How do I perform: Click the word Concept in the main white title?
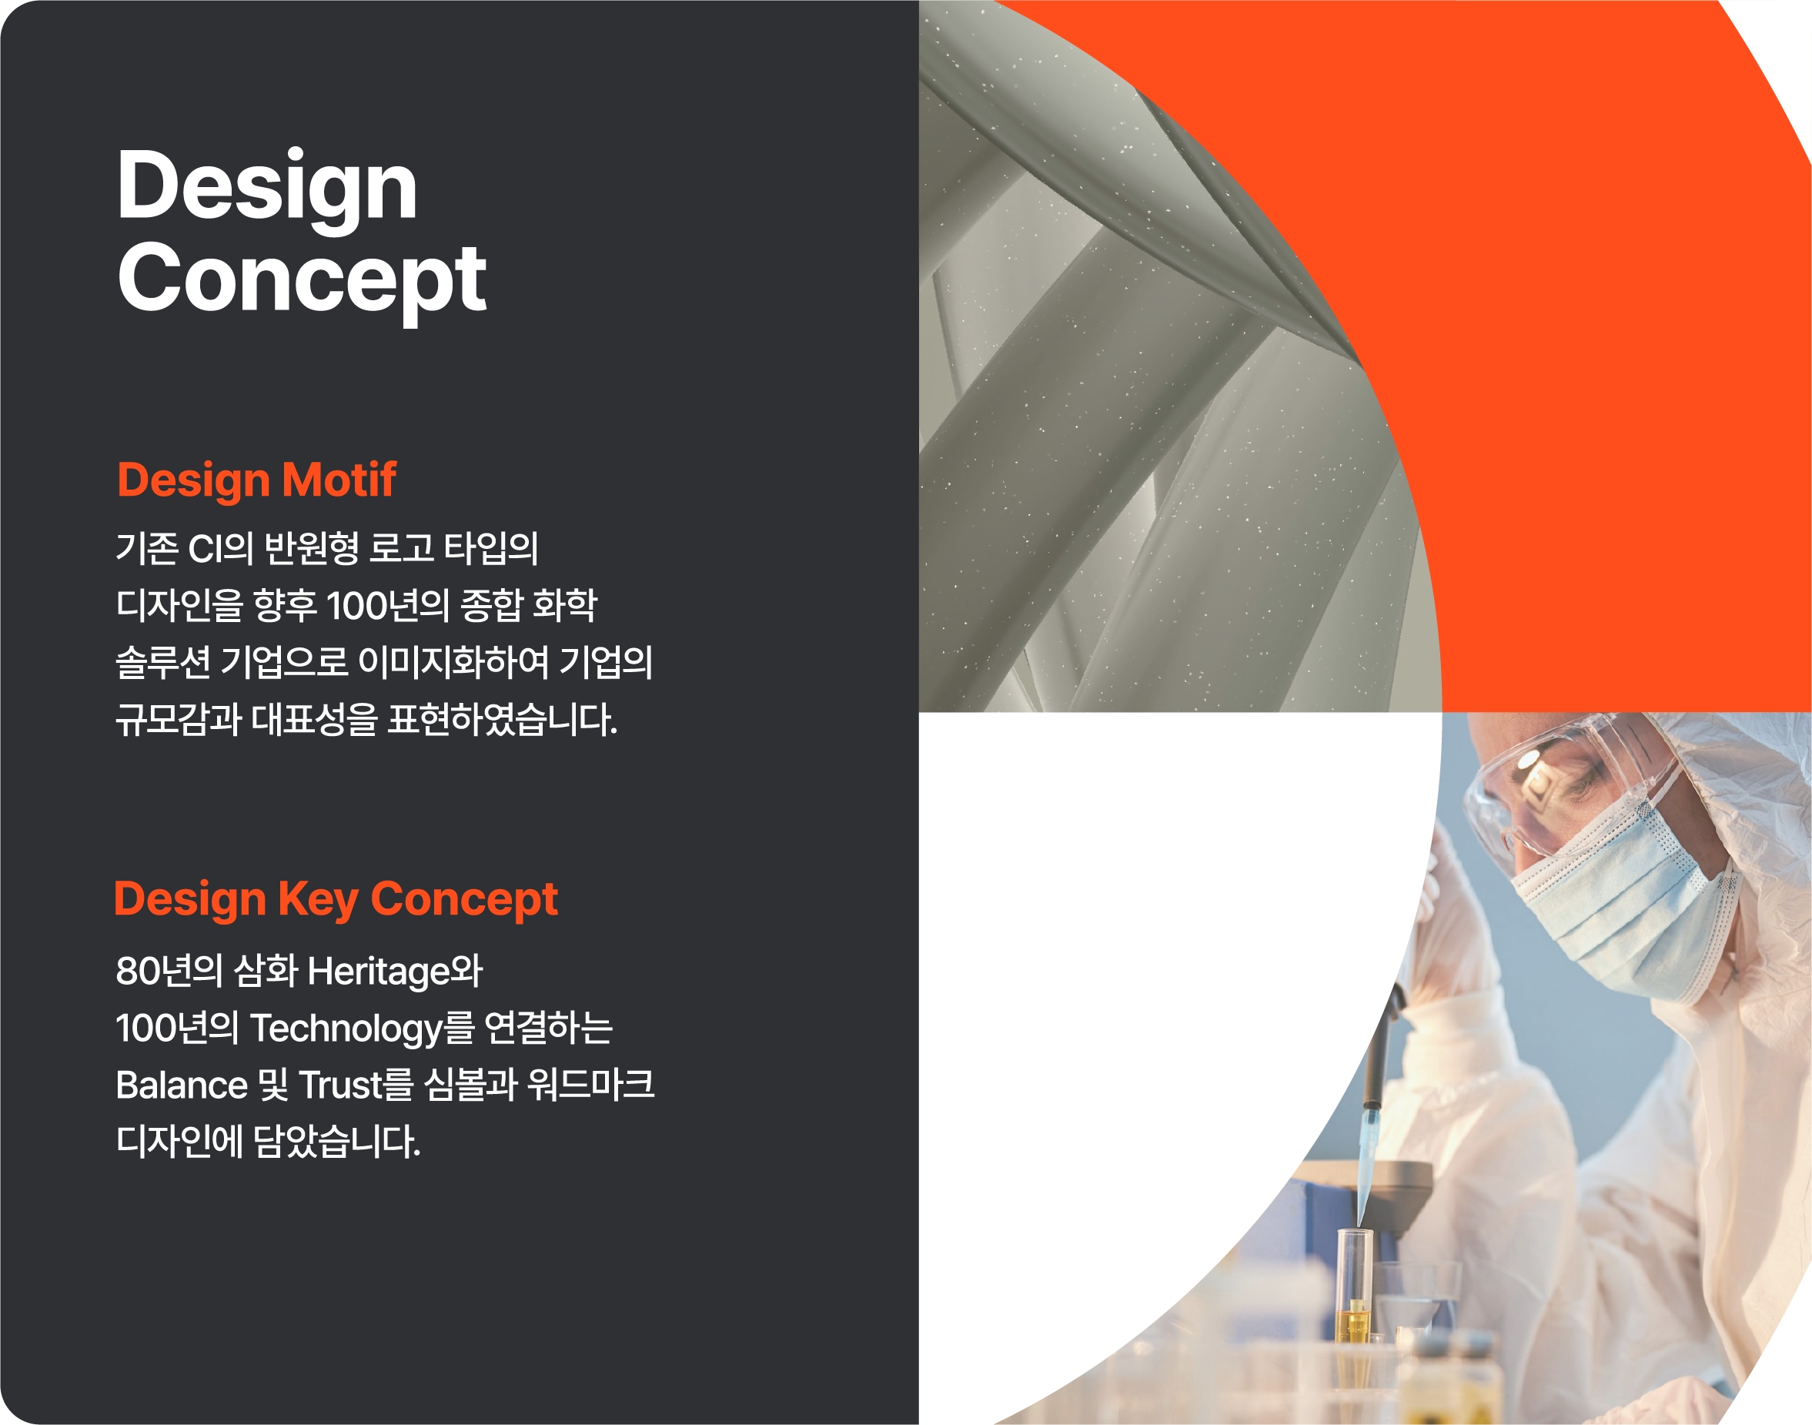tap(302, 282)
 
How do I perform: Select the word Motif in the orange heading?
tap(339, 480)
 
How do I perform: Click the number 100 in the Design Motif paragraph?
tap(357, 606)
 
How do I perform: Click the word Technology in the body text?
tap(346, 1029)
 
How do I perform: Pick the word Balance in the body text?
tap(182, 1085)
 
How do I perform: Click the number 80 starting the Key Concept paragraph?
tap(136, 971)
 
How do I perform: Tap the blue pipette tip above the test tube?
tap(1366, 1168)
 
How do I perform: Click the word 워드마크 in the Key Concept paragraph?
tap(590, 1085)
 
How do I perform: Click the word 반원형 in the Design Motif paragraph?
tap(312, 548)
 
